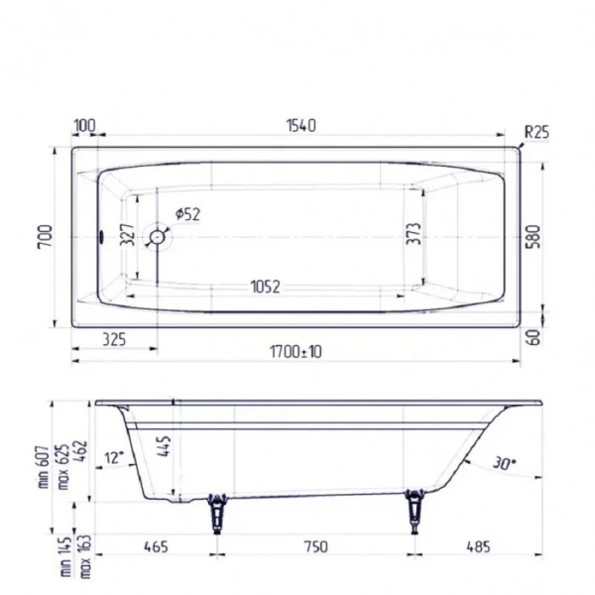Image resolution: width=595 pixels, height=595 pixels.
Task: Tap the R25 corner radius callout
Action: [536, 131]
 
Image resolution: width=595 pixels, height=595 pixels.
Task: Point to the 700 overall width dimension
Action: [43, 237]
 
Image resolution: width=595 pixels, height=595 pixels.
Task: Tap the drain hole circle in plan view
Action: [156, 237]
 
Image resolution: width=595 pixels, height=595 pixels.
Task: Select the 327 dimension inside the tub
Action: [127, 236]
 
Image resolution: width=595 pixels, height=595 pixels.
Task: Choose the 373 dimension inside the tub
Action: [415, 235]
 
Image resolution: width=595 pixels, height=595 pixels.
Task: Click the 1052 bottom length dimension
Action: [263, 288]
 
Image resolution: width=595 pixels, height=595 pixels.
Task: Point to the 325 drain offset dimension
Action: [113, 340]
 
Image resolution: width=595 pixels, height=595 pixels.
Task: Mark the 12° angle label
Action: [115, 457]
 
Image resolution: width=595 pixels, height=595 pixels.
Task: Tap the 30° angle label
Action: [504, 462]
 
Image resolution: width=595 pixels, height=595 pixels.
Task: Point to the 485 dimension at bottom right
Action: [479, 545]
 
